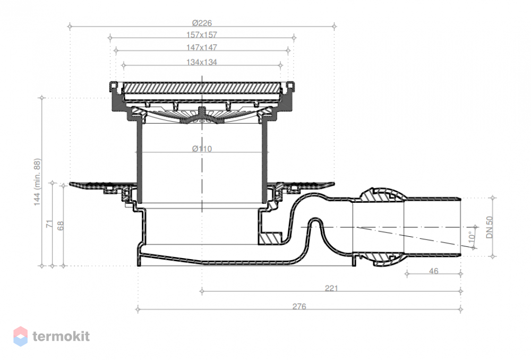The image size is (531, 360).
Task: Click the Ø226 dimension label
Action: click(202, 23)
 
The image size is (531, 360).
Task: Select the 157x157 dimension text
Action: click(201, 35)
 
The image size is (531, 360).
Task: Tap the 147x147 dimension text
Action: click(201, 47)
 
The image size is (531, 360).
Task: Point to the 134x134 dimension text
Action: click(201, 62)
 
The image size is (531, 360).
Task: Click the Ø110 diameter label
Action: click(202, 149)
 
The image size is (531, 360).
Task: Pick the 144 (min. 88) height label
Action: click(37, 182)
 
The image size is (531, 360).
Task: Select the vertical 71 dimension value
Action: click(49, 224)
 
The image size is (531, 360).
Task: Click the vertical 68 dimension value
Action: click(61, 226)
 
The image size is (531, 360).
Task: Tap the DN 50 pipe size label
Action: click(490, 227)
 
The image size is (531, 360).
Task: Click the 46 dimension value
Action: click(433, 271)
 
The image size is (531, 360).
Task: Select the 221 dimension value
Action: click(331, 288)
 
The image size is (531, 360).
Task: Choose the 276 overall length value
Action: click(299, 306)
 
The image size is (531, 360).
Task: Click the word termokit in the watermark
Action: click(61, 336)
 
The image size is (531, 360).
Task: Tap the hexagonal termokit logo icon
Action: click(20, 336)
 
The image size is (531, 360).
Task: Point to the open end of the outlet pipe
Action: click(460, 227)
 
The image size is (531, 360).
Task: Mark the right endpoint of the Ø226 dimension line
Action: click(334, 26)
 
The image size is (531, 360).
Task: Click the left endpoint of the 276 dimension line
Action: click(138, 309)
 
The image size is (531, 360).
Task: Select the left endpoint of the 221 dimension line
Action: click(202, 291)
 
